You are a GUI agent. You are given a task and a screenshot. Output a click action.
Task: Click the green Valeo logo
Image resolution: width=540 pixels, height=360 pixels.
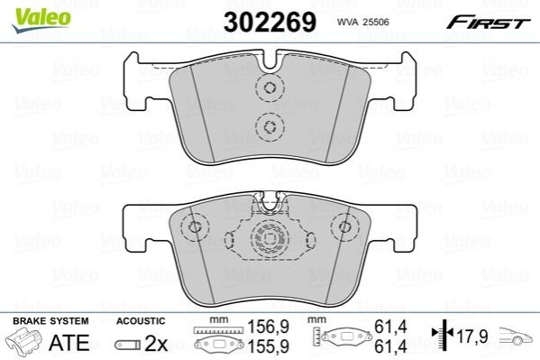coord(41,20)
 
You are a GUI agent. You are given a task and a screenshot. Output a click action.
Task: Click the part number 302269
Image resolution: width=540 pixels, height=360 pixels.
coord(270,22)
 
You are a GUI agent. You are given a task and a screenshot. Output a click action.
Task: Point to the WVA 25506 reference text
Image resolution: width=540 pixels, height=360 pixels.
coord(363,22)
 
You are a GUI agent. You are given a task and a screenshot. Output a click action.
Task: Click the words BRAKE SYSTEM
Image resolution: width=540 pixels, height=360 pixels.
coord(50,321)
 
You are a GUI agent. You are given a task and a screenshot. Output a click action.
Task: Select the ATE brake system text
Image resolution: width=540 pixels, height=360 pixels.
coord(69,342)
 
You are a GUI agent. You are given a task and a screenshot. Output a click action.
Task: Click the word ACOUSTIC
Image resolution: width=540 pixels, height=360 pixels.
coord(141,321)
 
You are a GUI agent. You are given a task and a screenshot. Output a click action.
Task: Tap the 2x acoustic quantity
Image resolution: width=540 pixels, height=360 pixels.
coord(156,343)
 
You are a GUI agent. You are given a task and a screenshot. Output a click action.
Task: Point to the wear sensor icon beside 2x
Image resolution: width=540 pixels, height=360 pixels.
coord(128,344)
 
